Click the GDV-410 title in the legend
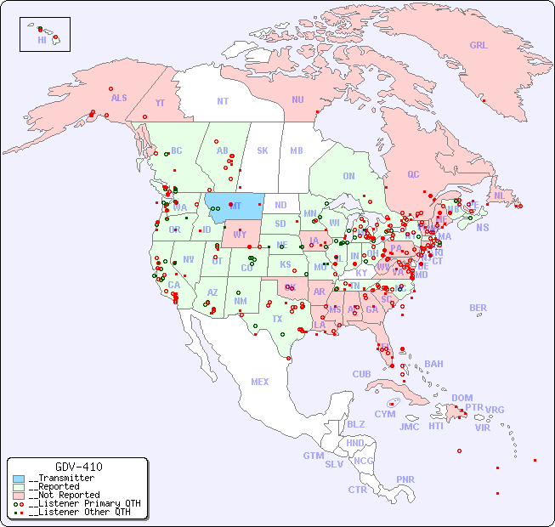pyautogui.click(x=78, y=467)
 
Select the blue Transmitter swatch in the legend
pyautogui.click(x=19, y=478)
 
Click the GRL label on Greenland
pyautogui.click(x=479, y=46)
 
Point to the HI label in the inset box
pyautogui.click(x=42, y=40)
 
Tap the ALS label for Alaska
pyautogui.click(x=119, y=98)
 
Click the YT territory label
pyautogui.click(x=160, y=103)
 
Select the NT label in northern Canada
pyautogui.click(x=222, y=101)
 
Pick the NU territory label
pyautogui.click(x=297, y=99)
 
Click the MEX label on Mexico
pyautogui.click(x=260, y=382)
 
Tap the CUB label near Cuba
pyautogui.click(x=361, y=374)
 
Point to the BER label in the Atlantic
pyautogui.click(x=478, y=308)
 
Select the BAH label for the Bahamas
pyautogui.click(x=433, y=364)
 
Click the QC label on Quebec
pyautogui.click(x=413, y=174)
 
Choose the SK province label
pyautogui.click(x=263, y=150)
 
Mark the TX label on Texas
pyautogui.click(x=277, y=319)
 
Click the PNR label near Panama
pyautogui.click(x=405, y=479)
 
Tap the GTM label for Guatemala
pyautogui.click(x=313, y=456)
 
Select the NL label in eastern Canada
pyautogui.click(x=499, y=195)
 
